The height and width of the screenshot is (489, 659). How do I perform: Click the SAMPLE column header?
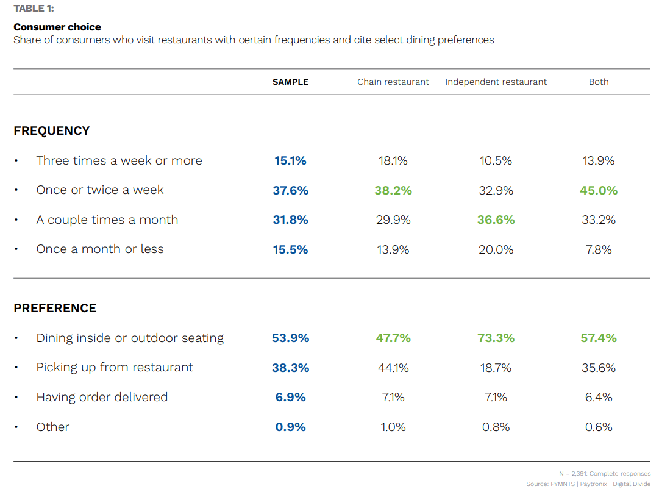[x=290, y=82]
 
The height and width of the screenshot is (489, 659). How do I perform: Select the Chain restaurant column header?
[x=393, y=82]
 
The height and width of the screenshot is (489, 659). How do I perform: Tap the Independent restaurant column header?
[x=496, y=82]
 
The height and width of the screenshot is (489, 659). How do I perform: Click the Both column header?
[x=599, y=82]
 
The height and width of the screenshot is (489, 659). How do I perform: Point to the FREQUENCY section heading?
[x=52, y=130]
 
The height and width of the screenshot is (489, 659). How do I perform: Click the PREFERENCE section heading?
[x=55, y=308]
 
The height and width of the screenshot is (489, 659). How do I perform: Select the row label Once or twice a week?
[x=100, y=190]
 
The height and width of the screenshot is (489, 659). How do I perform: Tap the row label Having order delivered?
[x=102, y=397]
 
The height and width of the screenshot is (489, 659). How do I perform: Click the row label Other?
[x=53, y=427]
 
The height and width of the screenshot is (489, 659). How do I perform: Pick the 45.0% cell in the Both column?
[x=599, y=190]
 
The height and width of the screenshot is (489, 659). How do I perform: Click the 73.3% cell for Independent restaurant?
[x=496, y=338]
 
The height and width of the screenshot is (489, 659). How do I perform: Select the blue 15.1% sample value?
[x=290, y=161]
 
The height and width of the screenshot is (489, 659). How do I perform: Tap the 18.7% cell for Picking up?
[x=496, y=368]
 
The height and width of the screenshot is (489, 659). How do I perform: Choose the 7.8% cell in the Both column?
[x=599, y=249]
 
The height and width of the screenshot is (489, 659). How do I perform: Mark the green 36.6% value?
[x=496, y=220]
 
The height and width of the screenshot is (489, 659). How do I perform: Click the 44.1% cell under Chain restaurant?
[x=393, y=368]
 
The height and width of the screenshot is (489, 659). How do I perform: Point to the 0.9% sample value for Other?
[x=290, y=427]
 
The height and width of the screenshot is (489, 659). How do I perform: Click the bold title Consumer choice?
[x=57, y=27]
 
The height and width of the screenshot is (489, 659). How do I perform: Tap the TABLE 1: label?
[x=34, y=9]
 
